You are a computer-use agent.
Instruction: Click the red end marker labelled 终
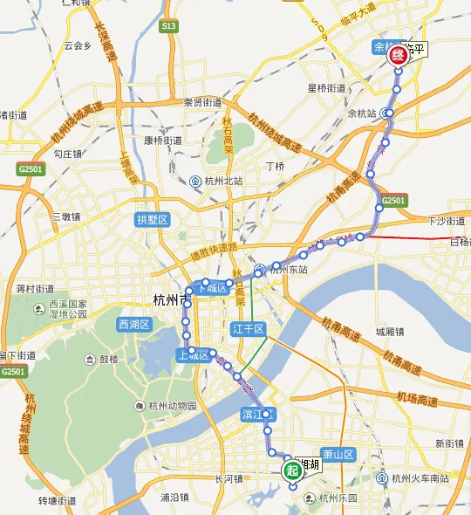click(x=398, y=56)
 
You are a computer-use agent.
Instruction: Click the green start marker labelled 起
click(x=291, y=470)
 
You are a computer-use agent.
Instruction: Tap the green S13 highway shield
click(x=167, y=27)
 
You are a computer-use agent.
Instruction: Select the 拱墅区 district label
click(x=151, y=220)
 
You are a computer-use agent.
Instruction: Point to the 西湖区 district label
click(x=134, y=325)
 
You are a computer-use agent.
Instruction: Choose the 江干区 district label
click(x=249, y=328)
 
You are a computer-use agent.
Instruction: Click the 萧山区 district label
click(x=337, y=455)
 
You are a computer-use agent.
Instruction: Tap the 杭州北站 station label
click(x=222, y=181)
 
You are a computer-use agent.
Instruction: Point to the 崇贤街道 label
click(x=202, y=102)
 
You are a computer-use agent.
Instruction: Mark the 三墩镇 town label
click(x=65, y=216)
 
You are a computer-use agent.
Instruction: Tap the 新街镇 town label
click(x=451, y=443)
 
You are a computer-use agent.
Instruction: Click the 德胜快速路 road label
click(x=214, y=255)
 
